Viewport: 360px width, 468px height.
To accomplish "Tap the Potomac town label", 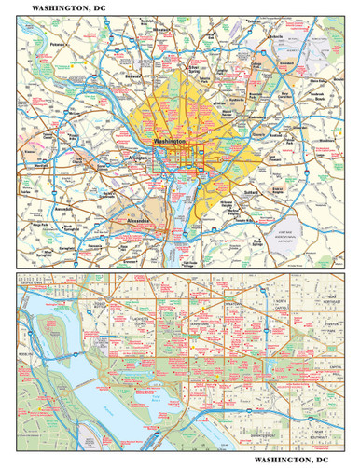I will pyautogui.click(x=57, y=44).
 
